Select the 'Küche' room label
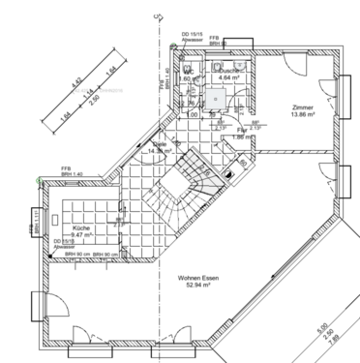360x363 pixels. (x=80, y=227)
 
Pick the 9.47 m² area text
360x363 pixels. (x=80, y=234)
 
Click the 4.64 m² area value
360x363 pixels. (x=229, y=78)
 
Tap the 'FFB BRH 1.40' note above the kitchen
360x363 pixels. (x=66, y=170)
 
